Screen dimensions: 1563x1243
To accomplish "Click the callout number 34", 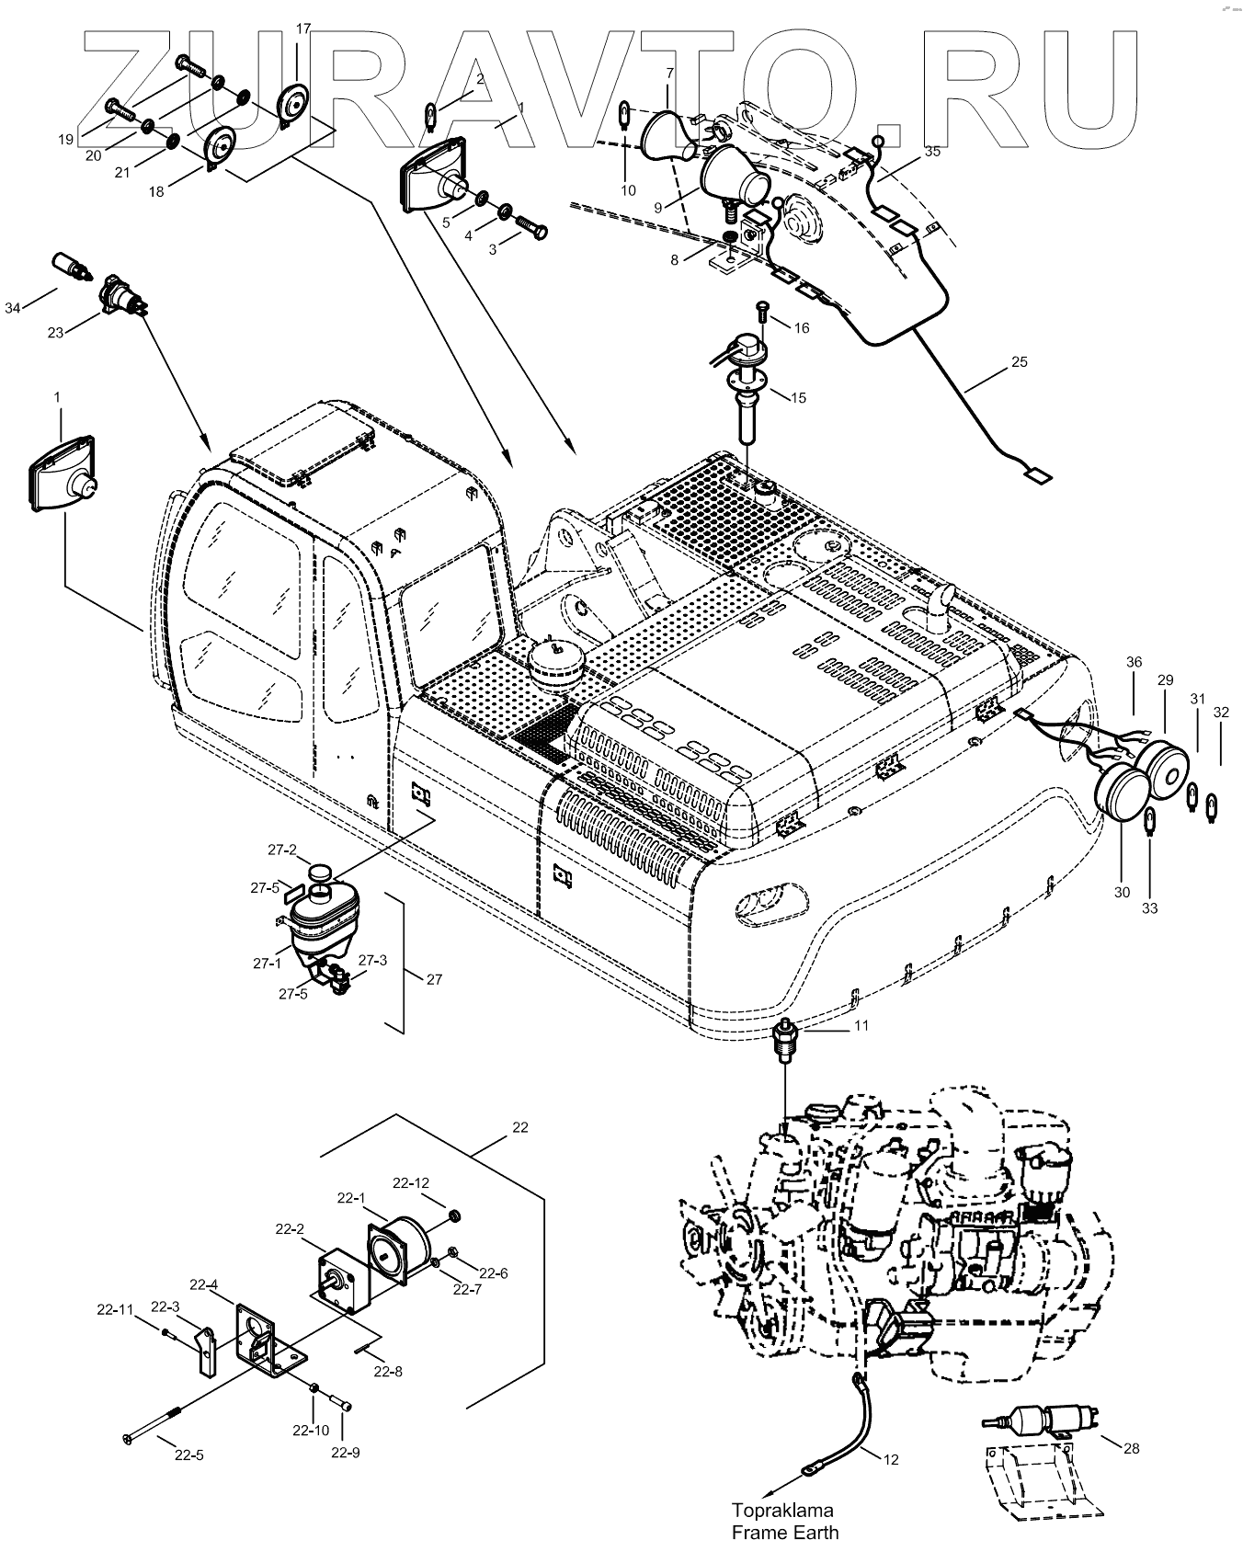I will click(13, 308).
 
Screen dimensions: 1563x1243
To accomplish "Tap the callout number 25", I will click(1019, 362).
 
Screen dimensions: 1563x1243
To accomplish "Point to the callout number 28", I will click(1131, 1448).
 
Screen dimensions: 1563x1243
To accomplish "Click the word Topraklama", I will click(781, 1510).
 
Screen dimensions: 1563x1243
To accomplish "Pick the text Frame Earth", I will click(785, 1532).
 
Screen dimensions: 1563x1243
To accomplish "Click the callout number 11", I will click(861, 1024).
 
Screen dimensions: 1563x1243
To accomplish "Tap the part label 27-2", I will click(281, 850).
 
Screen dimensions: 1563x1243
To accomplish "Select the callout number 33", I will click(1150, 908).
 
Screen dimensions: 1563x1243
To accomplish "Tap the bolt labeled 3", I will click(531, 223).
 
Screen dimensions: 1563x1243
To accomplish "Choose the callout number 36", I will click(1134, 661).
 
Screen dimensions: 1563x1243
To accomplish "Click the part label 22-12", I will click(411, 1182).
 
